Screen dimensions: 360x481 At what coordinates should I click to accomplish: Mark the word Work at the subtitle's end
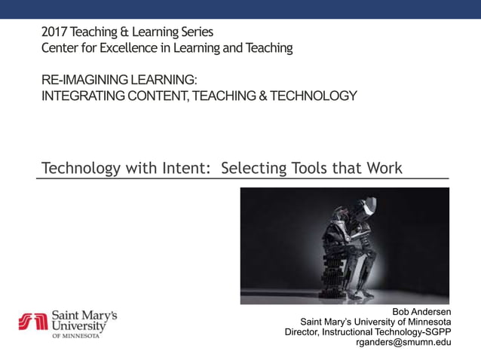click(385, 167)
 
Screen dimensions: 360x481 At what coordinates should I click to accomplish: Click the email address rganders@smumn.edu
click(403, 343)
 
